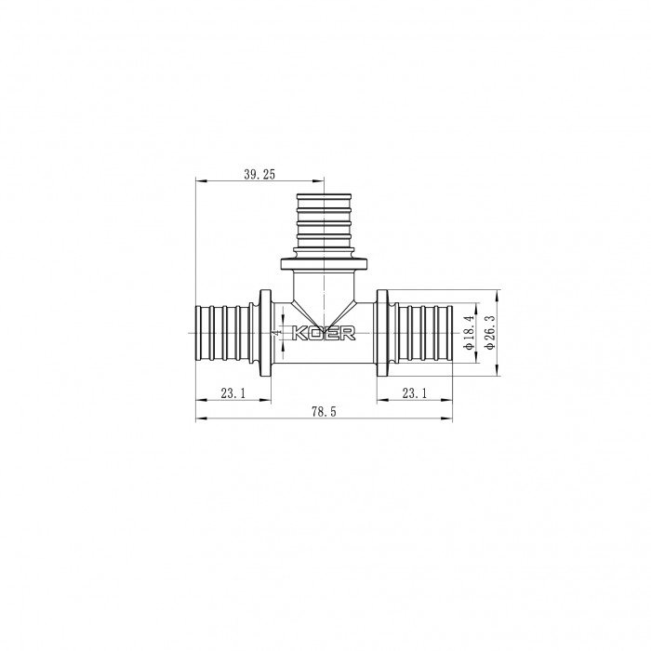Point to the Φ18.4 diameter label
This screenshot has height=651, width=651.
(470, 333)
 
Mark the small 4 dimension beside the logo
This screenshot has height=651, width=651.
(276, 331)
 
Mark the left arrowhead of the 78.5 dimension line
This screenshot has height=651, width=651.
(199, 418)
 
